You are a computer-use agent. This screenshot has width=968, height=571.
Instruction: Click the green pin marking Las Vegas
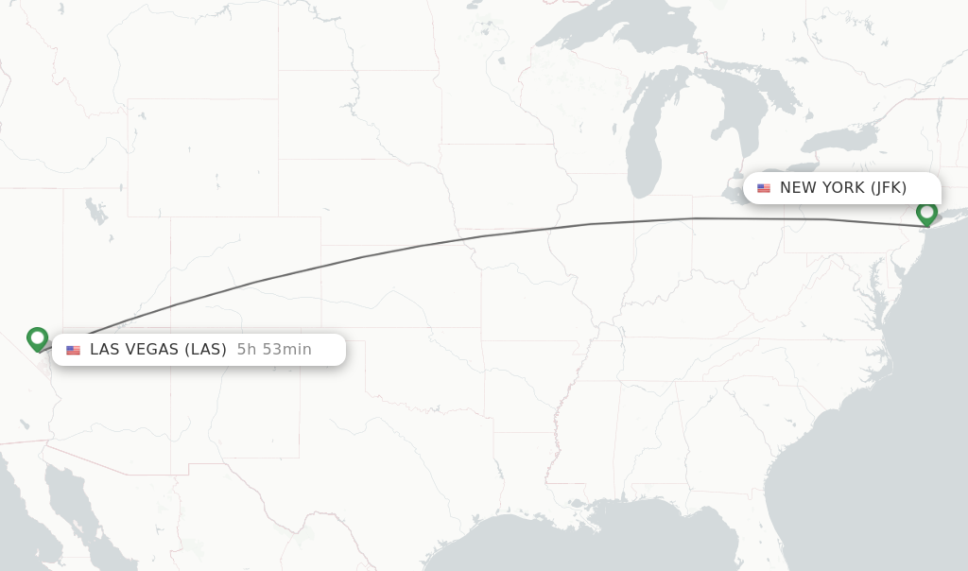coord(37,338)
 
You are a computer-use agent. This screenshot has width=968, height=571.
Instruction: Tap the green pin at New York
coord(926,213)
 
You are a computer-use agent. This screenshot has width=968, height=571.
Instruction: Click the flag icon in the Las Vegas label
coord(73,350)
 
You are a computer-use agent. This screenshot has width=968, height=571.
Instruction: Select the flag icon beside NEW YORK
coord(764,188)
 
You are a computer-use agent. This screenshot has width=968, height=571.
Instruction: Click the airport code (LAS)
coord(205,350)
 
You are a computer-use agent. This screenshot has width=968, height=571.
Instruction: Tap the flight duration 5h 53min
coord(274,350)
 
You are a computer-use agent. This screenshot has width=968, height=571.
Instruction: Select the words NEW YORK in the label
coord(821,188)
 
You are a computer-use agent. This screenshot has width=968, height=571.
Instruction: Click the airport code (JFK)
coord(889,188)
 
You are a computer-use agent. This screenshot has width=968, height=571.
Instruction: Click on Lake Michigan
coord(643,142)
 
